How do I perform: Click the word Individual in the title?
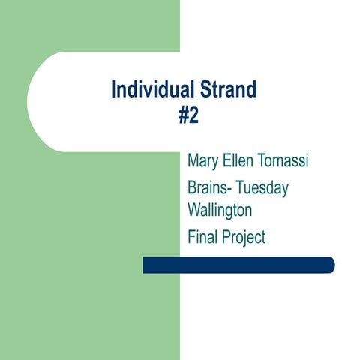click(x=147, y=91)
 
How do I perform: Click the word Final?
click(x=203, y=238)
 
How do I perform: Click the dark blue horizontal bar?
click(x=238, y=265)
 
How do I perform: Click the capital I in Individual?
click(x=113, y=91)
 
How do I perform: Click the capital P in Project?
click(x=227, y=238)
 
